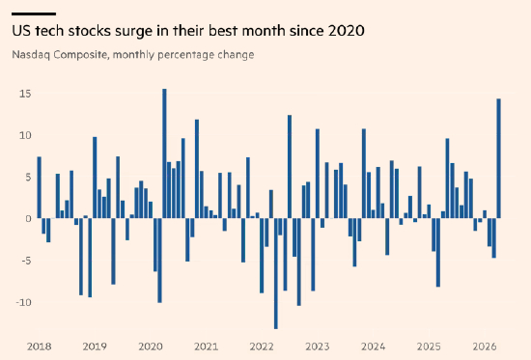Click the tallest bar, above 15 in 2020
[x=164, y=153]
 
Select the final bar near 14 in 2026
[x=498, y=158]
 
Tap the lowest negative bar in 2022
[x=276, y=273]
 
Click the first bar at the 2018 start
[x=40, y=187]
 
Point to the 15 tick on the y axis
[x=25, y=94]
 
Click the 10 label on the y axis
[x=25, y=135]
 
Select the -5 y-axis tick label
[x=24, y=261]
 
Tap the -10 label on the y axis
[x=24, y=302]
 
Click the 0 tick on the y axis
[x=28, y=219]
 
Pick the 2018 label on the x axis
[x=40, y=346]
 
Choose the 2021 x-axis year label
[x=207, y=346]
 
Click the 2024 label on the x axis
[x=374, y=346]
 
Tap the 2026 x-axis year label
[x=485, y=346]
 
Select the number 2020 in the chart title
[x=347, y=31]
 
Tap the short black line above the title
[x=34, y=14]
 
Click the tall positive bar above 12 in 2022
[x=290, y=167]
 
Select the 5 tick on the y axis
[x=28, y=178]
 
